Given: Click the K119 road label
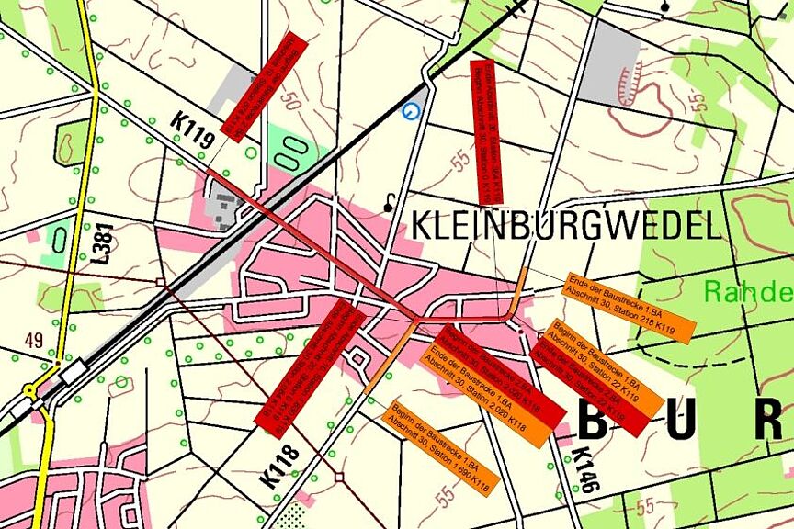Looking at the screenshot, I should [x=192, y=129].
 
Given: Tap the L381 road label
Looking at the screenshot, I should [x=101, y=242].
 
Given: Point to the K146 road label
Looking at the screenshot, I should [x=587, y=469].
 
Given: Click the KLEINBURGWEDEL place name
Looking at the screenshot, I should [x=563, y=225].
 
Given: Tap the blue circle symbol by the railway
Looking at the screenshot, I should [x=411, y=111].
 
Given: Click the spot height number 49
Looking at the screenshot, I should [x=34, y=341].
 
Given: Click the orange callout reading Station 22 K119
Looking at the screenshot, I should [x=606, y=367].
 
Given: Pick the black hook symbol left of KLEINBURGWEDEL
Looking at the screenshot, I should [x=392, y=201].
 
